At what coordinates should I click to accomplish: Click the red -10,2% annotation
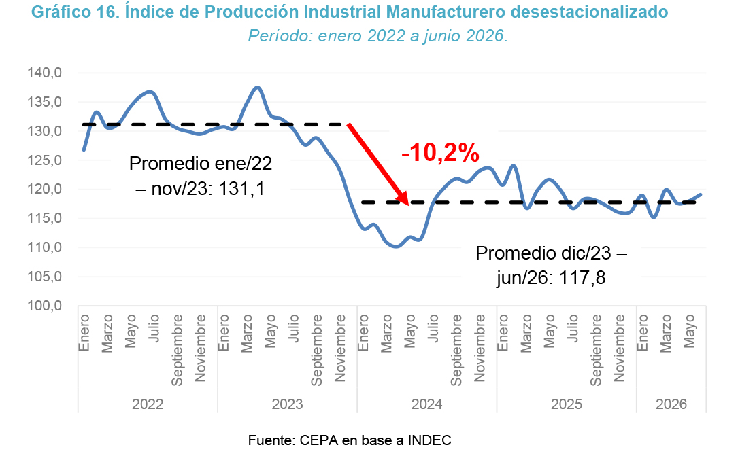(440, 153)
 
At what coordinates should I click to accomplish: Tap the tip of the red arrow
(408, 205)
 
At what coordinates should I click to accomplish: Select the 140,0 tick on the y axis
(45, 73)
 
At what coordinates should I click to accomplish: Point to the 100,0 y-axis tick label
(45, 306)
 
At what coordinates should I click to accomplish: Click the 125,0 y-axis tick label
(45, 160)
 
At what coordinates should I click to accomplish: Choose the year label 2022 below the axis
(148, 404)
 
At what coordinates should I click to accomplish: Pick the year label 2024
(426, 404)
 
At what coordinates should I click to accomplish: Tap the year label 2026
(671, 404)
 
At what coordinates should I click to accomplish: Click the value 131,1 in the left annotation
(241, 189)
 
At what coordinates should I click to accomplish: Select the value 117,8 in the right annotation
(582, 278)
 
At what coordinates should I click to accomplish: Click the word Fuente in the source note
(271, 440)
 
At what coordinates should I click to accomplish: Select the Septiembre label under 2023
(316, 350)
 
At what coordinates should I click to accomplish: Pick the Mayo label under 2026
(689, 332)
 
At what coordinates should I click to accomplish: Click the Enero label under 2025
(502, 333)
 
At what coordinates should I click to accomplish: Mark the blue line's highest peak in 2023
(257, 88)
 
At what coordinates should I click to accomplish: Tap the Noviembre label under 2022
(200, 348)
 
